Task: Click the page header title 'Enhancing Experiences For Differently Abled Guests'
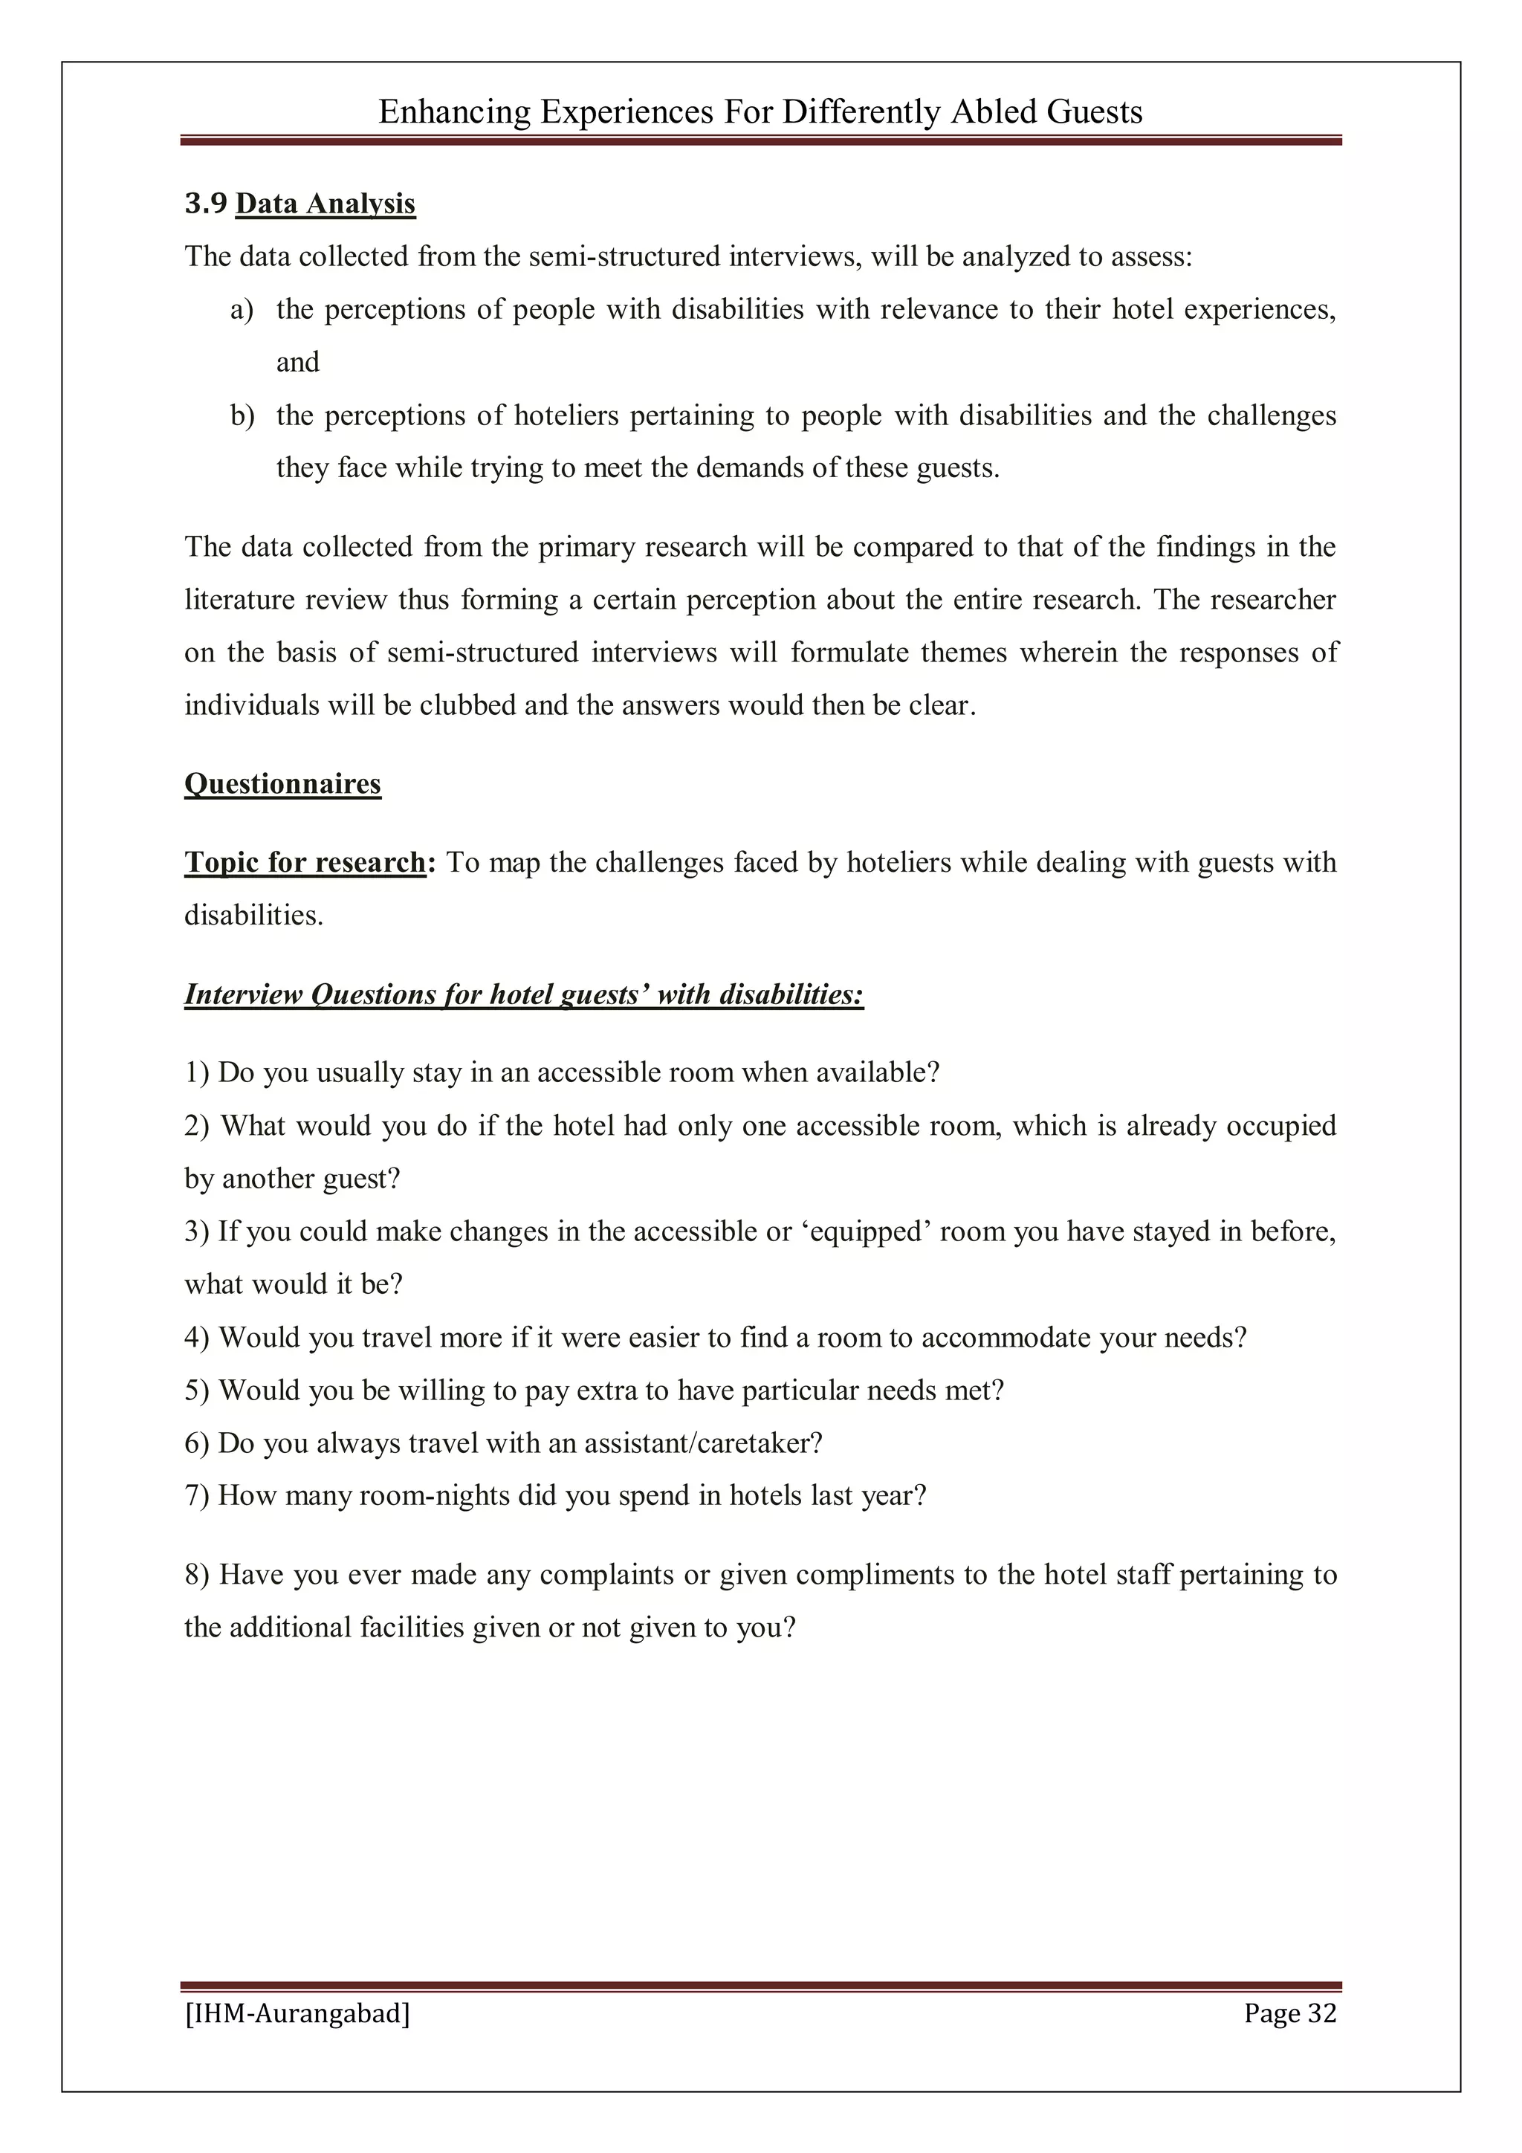(760, 112)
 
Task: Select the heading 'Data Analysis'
(325, 204)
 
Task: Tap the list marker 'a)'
(242, 309)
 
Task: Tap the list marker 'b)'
(242, 415)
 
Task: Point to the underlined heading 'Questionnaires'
(282, 783)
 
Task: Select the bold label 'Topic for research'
(305, 862)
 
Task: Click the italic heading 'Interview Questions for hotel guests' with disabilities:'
(523, 994)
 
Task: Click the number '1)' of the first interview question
(197, 1072)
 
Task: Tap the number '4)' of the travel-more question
(197, 1337)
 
